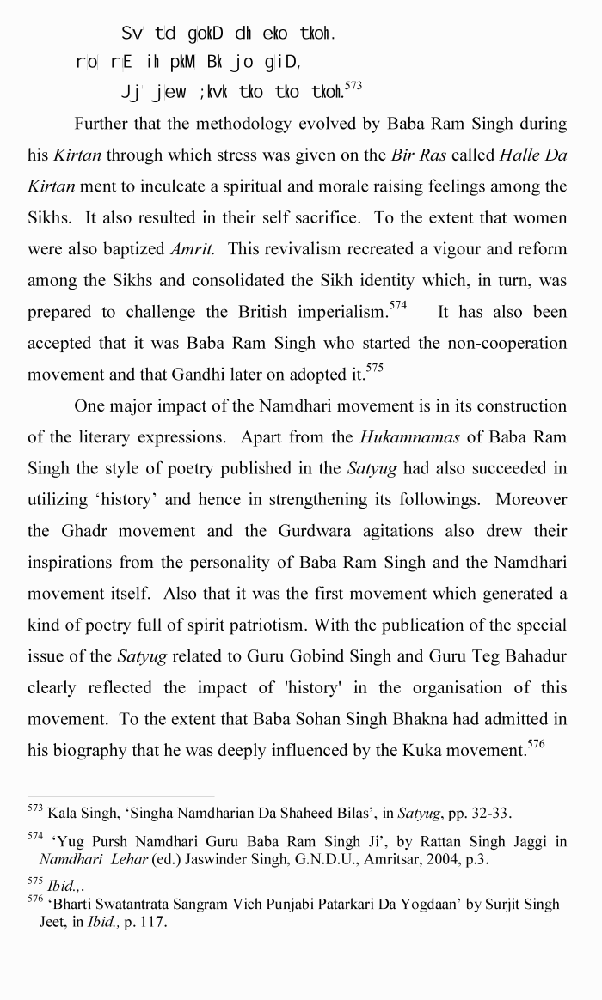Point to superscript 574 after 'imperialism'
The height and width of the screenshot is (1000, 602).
tap(398, 304)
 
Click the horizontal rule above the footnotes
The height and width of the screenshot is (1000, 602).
tap(120, 796)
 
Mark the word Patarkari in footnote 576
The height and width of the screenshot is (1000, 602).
tap(348, 905)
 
